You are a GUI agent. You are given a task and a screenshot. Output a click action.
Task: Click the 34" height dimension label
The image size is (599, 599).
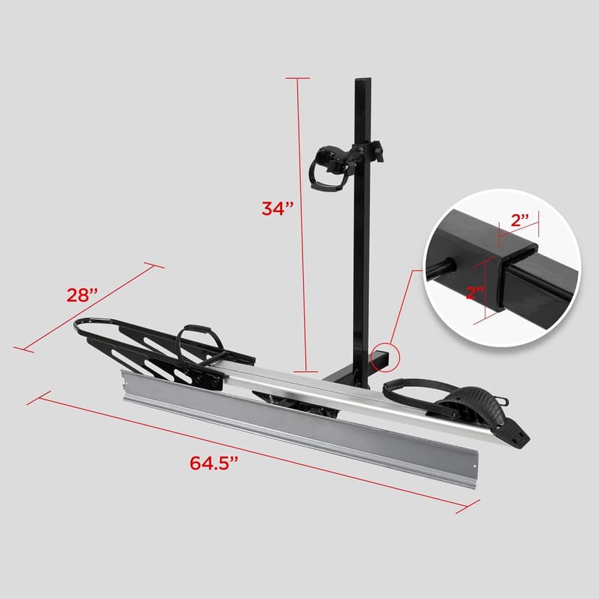[x=277, y=208]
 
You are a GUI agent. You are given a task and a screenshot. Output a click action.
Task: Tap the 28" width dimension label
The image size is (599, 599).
[x=80, y=295]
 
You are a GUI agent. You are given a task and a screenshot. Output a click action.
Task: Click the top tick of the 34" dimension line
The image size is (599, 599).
[x=297, y=77]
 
